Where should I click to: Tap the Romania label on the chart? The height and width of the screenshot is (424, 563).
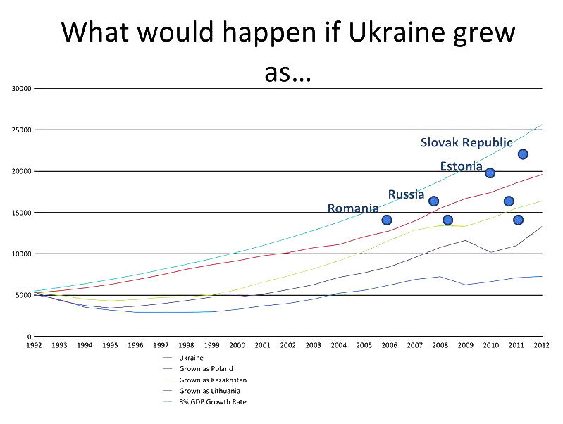tap(353, 208)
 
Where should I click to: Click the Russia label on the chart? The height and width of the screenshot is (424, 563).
tap(406, 194)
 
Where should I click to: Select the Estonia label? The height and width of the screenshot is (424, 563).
tap(462, 167)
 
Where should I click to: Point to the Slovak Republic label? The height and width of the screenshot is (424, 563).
tap(466, 143)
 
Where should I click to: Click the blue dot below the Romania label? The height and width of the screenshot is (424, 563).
tap(386, 220)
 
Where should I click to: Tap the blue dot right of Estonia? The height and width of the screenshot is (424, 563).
tap(490, 173)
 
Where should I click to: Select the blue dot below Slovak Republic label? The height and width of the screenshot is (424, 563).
tap(523, 154)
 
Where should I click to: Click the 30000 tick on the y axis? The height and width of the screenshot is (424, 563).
tap(22, 89)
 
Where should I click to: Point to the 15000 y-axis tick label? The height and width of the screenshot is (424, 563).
tap(22, 213)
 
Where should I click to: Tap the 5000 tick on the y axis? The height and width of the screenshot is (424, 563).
tap(24, 295)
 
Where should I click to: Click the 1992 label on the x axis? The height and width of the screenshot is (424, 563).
tap(34, 345)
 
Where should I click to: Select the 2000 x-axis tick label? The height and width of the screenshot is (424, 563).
tap(237, 345)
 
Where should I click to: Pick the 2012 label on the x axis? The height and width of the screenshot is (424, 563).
tap(541, 345)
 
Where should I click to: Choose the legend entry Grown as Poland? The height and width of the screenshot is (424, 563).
tap(206, 369)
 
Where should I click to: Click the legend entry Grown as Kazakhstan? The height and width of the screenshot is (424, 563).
tap(213, 380)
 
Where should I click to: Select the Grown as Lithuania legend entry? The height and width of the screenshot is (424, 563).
tap(209, 391)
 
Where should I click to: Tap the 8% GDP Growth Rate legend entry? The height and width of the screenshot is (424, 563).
tap(213, 402)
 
